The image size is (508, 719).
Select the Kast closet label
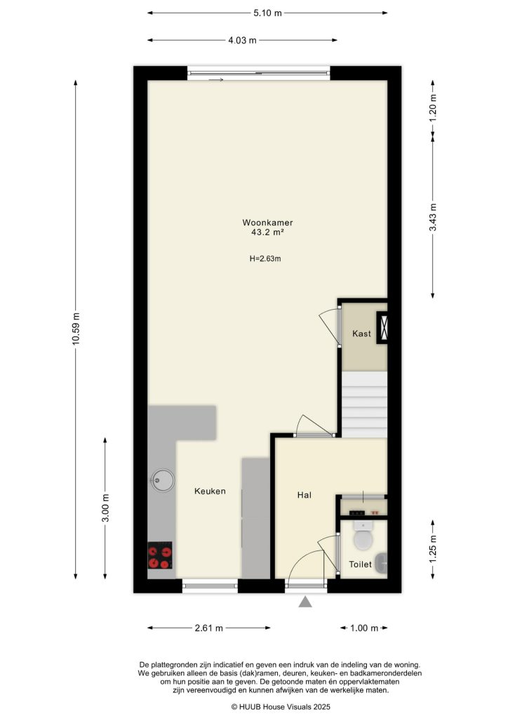coord(361,334)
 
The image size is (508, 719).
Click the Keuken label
coord(210,492)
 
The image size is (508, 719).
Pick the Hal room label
coord(305,495)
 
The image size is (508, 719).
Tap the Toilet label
coord(361,564)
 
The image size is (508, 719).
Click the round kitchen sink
coord(162,481)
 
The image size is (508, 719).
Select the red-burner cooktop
coord(160,557)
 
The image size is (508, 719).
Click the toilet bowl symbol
coord(363,539)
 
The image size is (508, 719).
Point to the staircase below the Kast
coord(364,404)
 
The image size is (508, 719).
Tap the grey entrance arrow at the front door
coord(305,602)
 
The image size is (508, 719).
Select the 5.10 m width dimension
coord(267,13)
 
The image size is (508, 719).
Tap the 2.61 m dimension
coord(209,628)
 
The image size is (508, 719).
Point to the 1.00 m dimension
coord(364,628)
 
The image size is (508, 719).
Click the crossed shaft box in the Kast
coord(385,327)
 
